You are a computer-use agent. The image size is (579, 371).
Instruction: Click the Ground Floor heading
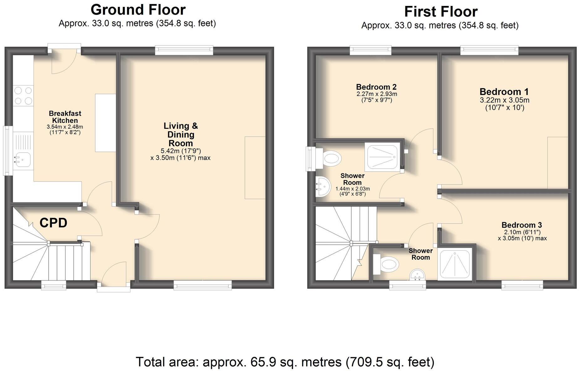(x=138, y=10)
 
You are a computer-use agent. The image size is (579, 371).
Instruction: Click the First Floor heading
(x=441, y=12)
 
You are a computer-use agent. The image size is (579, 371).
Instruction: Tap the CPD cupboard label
(x=53, y=223)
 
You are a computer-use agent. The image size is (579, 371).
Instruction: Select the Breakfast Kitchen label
(x=65, y=117)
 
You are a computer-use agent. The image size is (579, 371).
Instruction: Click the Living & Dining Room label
(x=181, y=134)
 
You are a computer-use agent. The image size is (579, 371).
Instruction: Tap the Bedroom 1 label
(x=504, y=92)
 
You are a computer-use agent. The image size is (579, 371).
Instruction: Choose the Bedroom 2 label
(x=376, y=87)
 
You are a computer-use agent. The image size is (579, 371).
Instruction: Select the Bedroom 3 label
(x=522, y=225)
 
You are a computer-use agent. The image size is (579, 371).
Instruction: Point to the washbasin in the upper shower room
(x=323, y=187)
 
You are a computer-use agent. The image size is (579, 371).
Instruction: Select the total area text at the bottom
(x=285, y=362)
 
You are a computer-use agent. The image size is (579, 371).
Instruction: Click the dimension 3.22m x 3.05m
(x=505, y=100)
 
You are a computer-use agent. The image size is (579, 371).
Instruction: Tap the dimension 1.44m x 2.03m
(x=353, y=189)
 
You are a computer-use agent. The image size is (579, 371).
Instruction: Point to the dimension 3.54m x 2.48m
(x=65, y=127)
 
